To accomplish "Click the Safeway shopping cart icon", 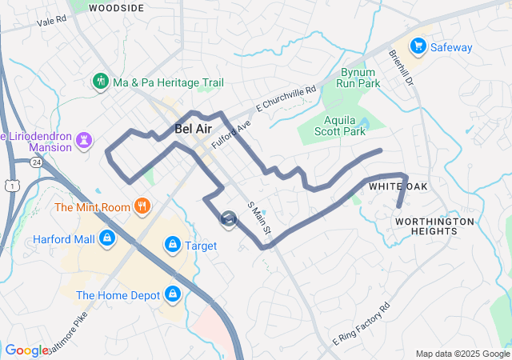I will [417, 47].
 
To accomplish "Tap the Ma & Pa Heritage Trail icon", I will [101, 82].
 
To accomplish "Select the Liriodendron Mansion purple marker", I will [83, 141].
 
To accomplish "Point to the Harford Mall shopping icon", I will [107, 238].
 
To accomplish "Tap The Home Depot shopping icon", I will [172, 294].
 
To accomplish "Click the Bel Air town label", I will [193, 129].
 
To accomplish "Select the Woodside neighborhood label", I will [117, 8].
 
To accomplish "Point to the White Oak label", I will [398, 186].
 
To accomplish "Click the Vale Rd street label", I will [51, 21].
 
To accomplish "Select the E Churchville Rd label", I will [286, 101].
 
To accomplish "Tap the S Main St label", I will [259, 218].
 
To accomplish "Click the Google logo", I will [25, 350].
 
